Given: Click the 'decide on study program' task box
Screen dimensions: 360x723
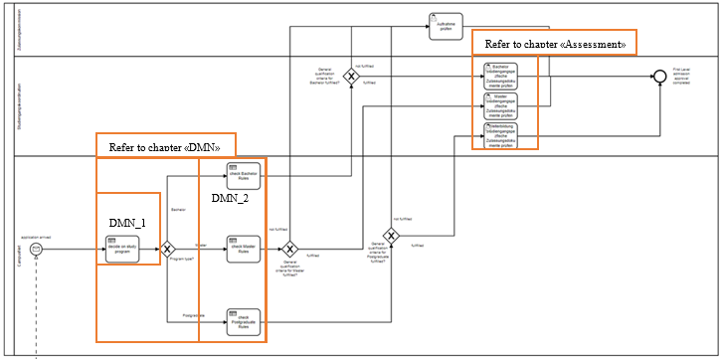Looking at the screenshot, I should tap(121, 249).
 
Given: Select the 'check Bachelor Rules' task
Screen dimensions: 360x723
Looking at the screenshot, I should tap(243, 176).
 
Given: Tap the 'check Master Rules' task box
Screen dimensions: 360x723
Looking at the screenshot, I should tap(243, 249).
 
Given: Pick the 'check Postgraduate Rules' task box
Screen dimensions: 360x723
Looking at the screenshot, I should tap(243, 320).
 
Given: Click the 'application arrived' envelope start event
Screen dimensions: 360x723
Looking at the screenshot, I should tap(36, 249).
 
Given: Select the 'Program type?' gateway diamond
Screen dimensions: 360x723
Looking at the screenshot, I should tap(168, 249).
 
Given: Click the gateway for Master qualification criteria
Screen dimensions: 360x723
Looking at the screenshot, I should tap(290, 249).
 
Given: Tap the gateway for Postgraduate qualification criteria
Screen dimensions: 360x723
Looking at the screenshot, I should tap(392, 236).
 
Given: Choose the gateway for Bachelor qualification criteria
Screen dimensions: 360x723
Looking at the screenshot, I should tap(350, 76).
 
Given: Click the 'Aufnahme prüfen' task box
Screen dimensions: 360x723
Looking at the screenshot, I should tap(446, 26).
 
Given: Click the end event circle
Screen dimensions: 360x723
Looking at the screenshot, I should tap(658, 77).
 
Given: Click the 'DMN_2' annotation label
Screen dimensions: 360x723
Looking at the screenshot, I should tap(230, 199).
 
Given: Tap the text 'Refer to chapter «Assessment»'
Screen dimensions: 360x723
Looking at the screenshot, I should tap(554, 44).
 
